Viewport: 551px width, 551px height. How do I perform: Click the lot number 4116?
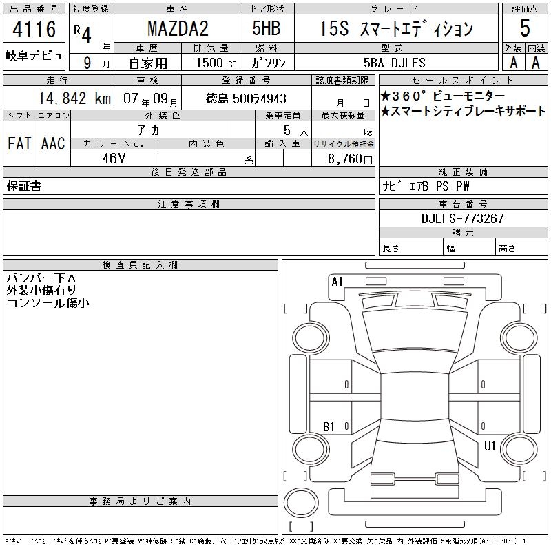[x=34, y=29]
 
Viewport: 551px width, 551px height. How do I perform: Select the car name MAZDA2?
[x=178, y=28]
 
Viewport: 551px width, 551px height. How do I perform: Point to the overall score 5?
[x=525, y=28]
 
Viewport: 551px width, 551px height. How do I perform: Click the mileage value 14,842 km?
[x=74, y=98]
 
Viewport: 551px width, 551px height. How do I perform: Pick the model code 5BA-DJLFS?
[x=394, y=63]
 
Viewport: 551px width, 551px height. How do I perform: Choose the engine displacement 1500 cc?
[x=216, y=63]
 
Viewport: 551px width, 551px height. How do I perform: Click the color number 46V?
[x=114, y=158]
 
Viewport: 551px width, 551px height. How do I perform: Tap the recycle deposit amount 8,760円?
[x=350, y=159]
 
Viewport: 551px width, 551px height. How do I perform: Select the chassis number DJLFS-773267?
[x=462, y=218]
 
